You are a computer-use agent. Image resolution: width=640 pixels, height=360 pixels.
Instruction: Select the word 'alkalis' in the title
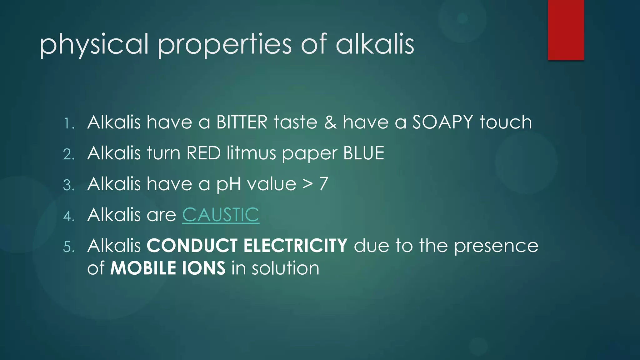click(x=375, y=44)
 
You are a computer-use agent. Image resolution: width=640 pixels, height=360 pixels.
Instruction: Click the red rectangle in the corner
click(x=566, y=30)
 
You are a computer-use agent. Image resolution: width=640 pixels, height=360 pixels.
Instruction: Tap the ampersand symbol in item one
click(x=330, y=122)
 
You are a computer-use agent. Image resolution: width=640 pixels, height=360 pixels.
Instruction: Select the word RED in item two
click(x=203, y=153)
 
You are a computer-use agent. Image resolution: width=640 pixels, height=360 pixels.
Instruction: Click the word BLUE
click(x=363, y=153)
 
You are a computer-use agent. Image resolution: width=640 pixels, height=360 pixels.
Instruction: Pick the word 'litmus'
click(x=251, y=153)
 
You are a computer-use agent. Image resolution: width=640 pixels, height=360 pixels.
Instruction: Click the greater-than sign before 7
click(x=308, y=184)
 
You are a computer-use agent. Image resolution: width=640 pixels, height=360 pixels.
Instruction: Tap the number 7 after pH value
click(x=324, y=184)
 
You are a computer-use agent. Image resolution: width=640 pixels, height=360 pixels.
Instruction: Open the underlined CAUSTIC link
click(x=221, y=215)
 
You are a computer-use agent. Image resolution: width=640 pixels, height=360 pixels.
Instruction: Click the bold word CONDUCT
click(x=192, y=246)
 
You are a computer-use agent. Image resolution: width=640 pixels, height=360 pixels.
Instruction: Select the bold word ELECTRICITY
click(x=295, y=246)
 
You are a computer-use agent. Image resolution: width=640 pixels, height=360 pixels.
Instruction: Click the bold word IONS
click(x=203, y=268)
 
